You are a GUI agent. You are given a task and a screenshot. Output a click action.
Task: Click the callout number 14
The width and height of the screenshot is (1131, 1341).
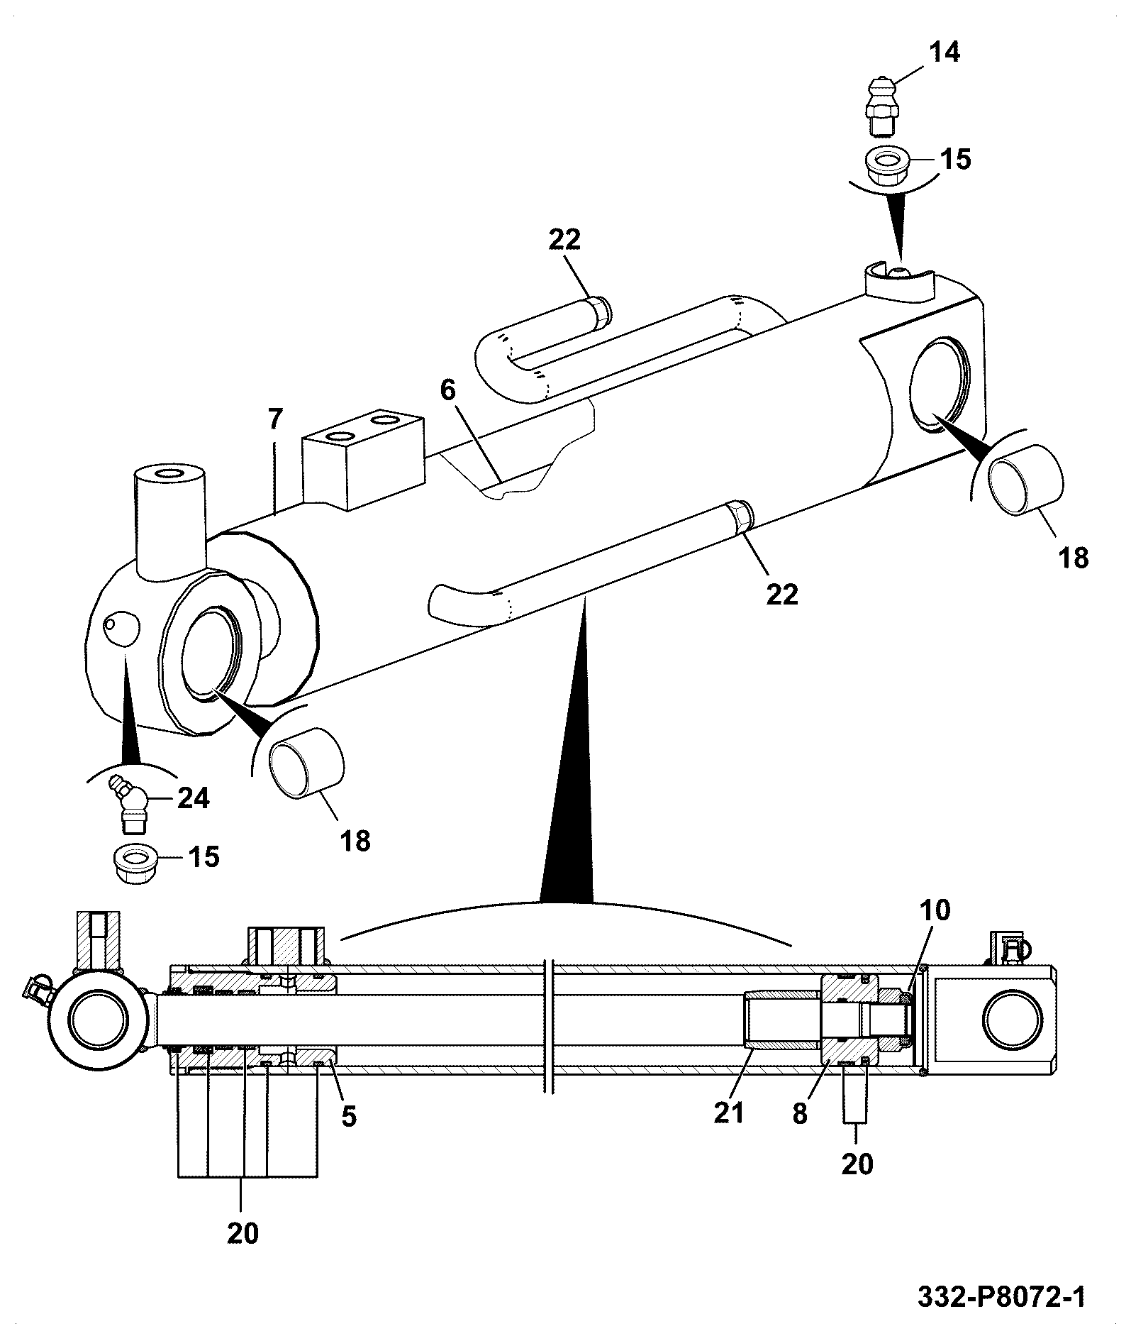944,53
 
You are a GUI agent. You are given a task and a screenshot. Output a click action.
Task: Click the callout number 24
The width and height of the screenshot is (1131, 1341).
193,799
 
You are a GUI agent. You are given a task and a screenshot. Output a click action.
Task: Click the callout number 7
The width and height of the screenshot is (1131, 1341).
447,390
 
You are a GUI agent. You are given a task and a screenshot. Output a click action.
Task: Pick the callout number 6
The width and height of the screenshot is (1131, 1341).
275,419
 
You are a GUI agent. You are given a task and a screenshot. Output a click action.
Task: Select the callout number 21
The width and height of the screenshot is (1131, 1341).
730,1113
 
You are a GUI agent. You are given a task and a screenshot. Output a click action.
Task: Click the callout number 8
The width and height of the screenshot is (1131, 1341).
800,1114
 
